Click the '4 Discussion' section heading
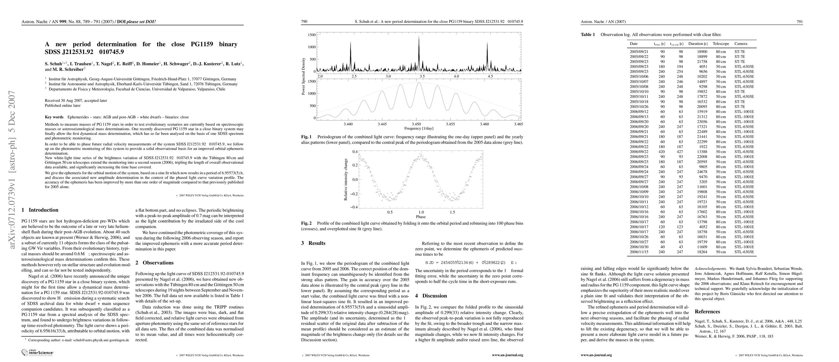coord(431,296)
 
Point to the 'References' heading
coord(707,312)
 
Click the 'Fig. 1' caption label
coord(306,137)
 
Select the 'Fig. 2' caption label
coord(306,223)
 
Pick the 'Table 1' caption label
coord(588,34)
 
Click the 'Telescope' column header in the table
coord(721,44)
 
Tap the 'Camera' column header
coord(741,44)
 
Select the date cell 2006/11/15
coord(639,252)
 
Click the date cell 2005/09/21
coord(639,52)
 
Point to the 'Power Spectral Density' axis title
coord(304,77)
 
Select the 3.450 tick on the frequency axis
coord(416,124)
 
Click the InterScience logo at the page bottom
coord(37,352)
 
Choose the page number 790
coord(304,22)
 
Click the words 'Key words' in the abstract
coord(54,117)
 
